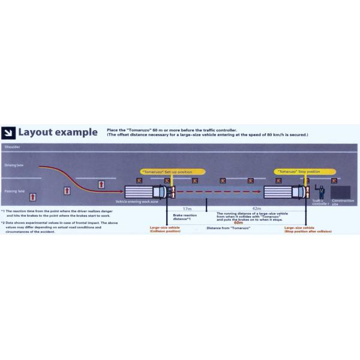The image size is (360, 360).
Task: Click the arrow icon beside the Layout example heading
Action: [9, 132]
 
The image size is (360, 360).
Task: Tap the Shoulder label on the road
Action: [12, 146]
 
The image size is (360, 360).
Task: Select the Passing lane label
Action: [14, 191]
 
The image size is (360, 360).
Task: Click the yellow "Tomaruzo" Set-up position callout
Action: [173, 172]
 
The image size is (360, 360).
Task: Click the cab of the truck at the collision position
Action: [160, 192]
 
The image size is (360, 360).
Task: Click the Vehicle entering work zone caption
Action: [137, 202]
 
